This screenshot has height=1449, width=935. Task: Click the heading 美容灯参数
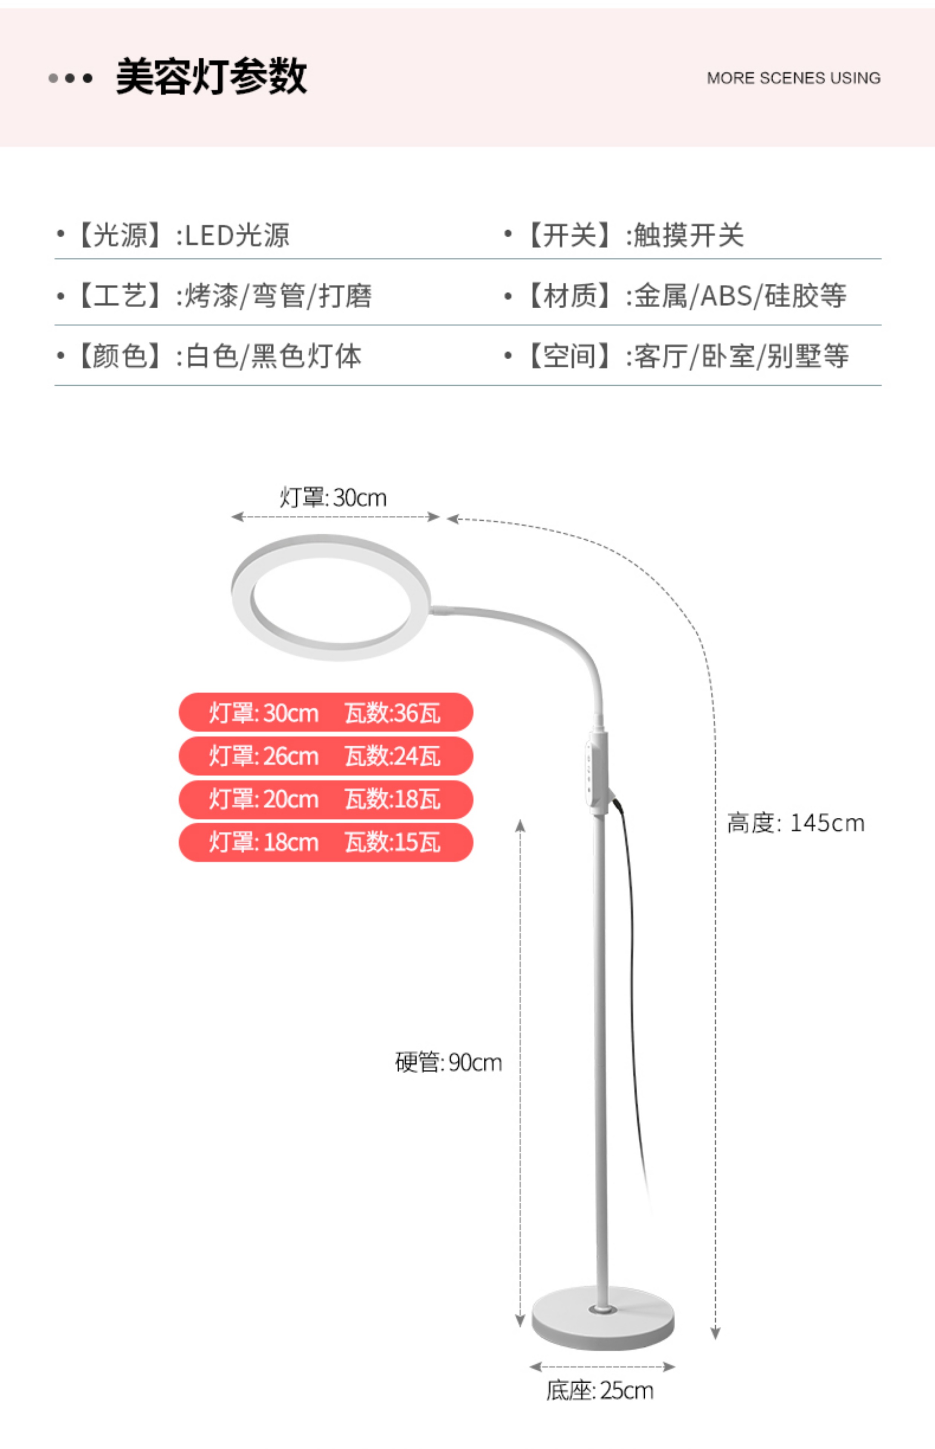point(211,77)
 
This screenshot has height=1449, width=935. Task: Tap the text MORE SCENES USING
point(793,78)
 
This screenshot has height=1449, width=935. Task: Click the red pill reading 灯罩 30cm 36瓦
point(325,712)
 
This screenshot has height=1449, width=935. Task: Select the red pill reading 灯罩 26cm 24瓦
point(325,756)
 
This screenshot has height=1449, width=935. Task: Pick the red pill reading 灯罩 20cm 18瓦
point(325,799)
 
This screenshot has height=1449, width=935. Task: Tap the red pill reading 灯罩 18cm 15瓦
point(325,842)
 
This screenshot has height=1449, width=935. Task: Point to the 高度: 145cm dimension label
point(796,823)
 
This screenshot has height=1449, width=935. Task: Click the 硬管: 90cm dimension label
point(448,1063)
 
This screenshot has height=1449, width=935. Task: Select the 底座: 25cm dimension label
point(599,1391)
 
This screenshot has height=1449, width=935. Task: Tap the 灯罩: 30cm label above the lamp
point(333,498)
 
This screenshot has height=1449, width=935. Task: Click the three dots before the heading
point(71,78)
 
